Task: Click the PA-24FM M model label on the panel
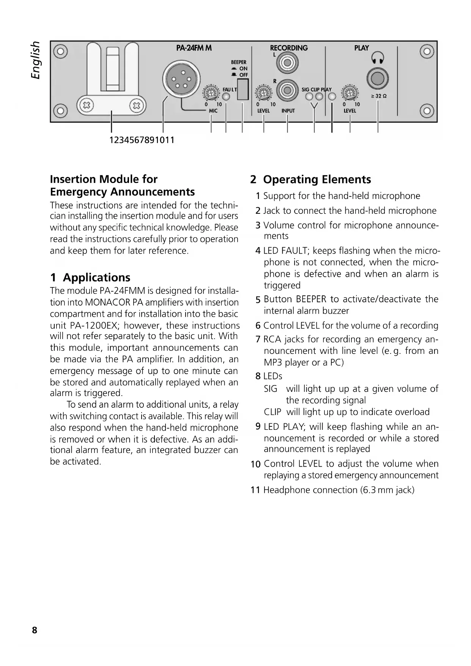(194, 48)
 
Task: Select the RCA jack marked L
(287, 62)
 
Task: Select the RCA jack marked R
(287, 90)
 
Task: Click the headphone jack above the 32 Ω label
(377, 79)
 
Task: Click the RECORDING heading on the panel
(289, 48)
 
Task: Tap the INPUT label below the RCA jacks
(288, 111)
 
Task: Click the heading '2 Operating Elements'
(310, 179)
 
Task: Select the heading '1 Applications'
(90, 277)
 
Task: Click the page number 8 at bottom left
(35, 630)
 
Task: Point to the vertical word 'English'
(35, 60)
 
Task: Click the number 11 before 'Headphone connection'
(255, 490)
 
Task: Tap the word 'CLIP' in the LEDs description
(273, 412)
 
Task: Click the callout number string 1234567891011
(142, 140)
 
